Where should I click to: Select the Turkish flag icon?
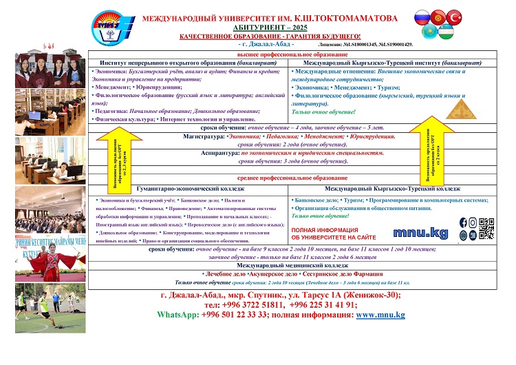click(x=455, y=17)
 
